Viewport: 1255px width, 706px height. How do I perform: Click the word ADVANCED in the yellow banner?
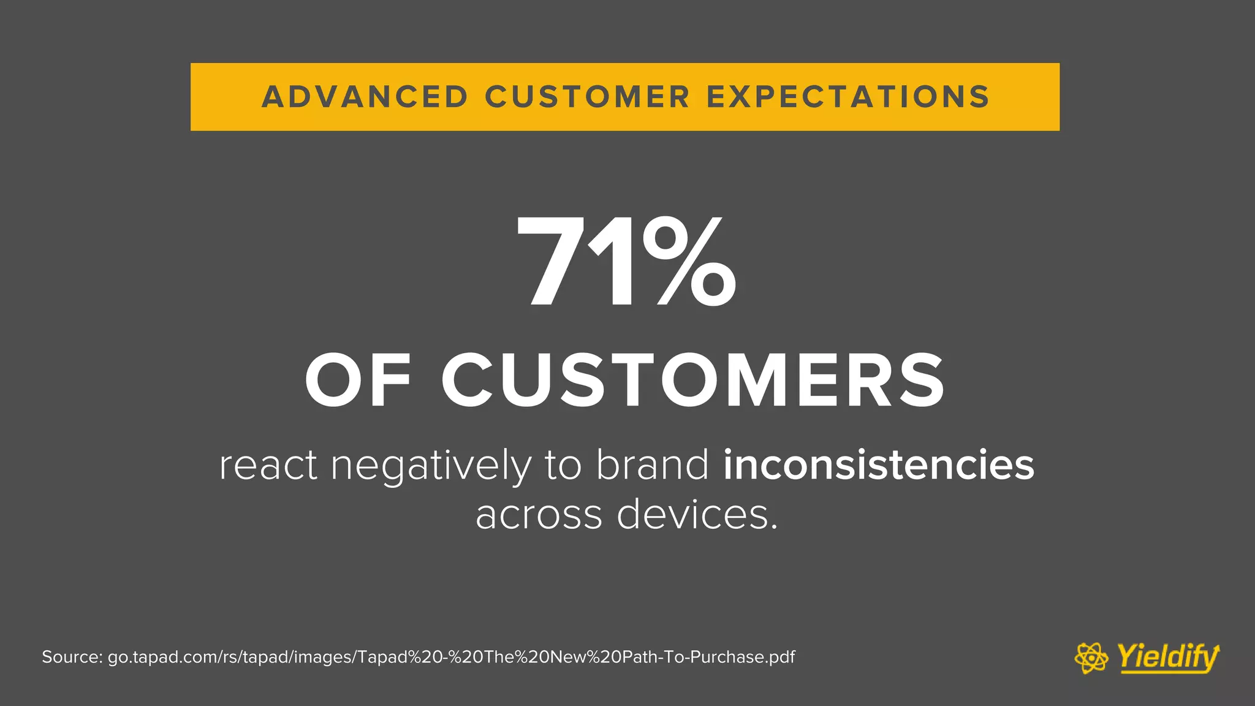365,97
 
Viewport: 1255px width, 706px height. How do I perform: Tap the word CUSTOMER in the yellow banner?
588,97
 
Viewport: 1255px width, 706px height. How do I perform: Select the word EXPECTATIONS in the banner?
848,97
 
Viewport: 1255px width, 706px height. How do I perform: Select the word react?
268,466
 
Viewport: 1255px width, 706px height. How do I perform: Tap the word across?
539,515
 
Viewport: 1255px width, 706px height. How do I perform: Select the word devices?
696,515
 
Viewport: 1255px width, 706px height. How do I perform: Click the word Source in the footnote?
71,658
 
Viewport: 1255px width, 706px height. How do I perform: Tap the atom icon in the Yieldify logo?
1091,658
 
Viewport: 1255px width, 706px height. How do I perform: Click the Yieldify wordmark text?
1167,658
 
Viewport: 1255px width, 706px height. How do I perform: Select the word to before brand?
563,466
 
